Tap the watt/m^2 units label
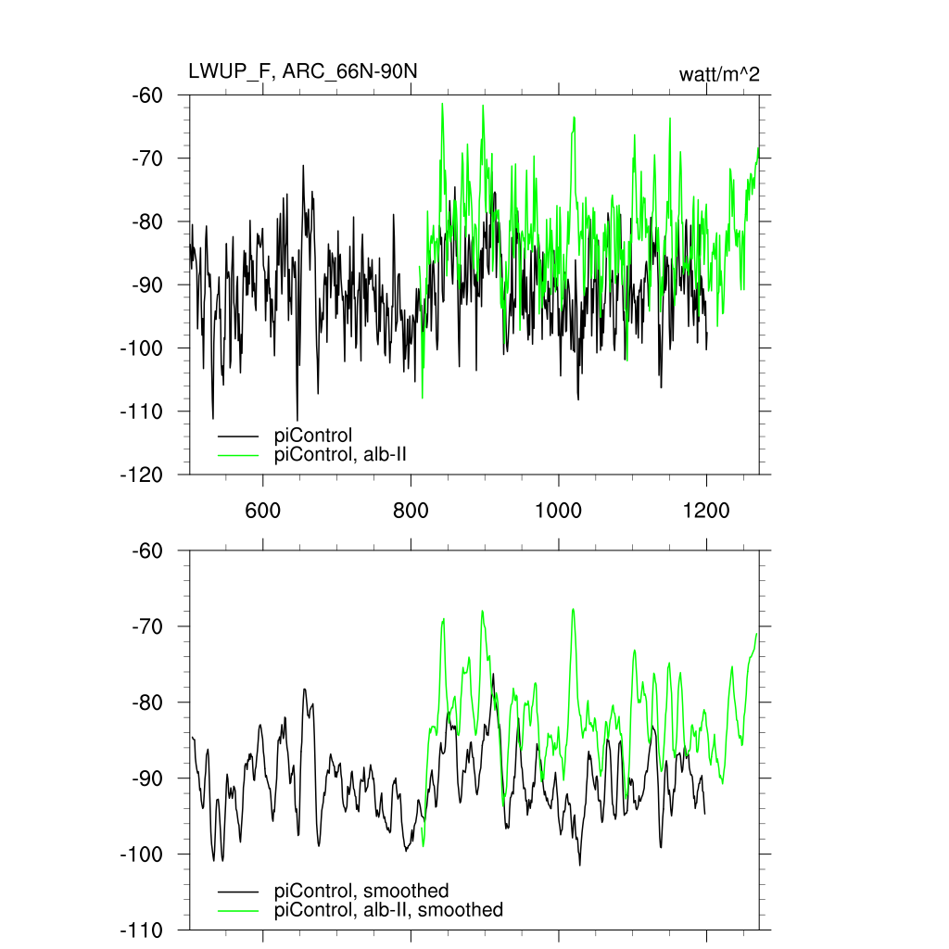[719, 74]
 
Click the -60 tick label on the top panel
[147, 95]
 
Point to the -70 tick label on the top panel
[147, 158]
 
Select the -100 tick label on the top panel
[143, 348]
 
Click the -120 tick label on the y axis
[143, 474]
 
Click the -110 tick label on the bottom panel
[143, 930]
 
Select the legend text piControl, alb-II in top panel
[341, 454]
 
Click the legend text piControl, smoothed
[361, 892]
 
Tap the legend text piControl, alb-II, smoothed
[388, 910]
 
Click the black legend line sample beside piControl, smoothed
[238, 892]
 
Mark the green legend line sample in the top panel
[238, 454]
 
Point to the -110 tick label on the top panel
[143, 411]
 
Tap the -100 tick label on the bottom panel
[143, 854]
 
